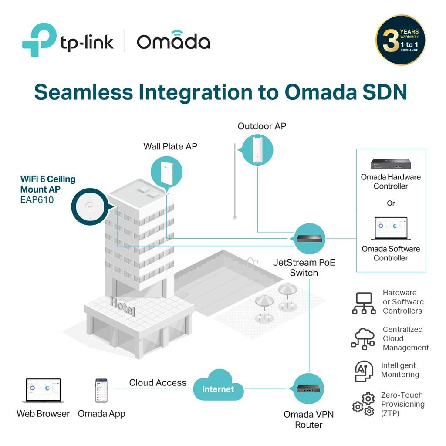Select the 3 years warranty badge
tap(401, 40)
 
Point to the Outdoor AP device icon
tap(257, 150)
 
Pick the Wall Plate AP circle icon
tap(166, 172)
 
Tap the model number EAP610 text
tap(37, 199)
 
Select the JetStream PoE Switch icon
tap(309, 239)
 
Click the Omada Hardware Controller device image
tap(391, 164)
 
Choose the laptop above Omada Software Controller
tap(391, 228)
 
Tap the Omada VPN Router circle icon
tap(308, 389)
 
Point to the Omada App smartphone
tap(101, 390)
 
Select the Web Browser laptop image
tap(43, 390)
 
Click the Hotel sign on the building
tap(122, 306)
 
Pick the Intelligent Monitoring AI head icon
tap(364, 371)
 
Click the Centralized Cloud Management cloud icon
tap(363, 338)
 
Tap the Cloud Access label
tap(158, 382)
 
